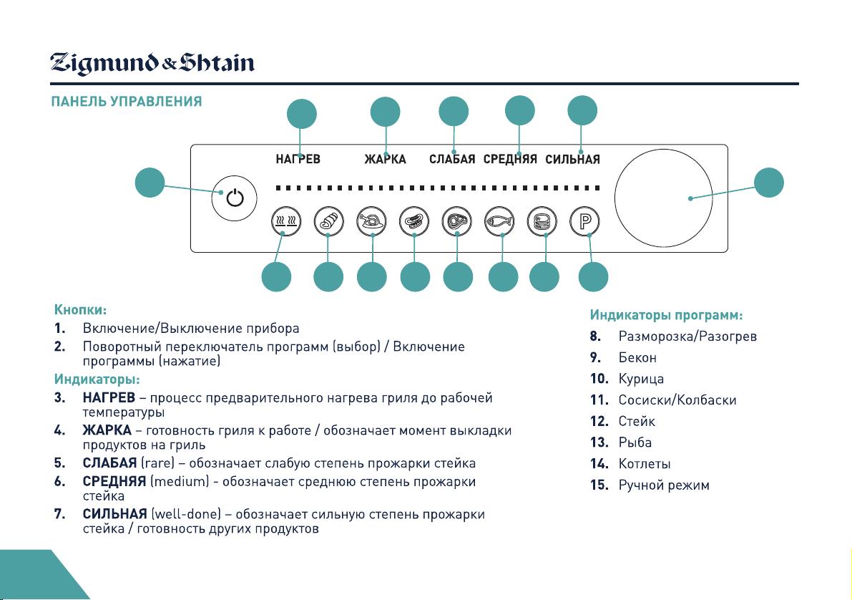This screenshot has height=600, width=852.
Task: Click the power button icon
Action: (234, 198)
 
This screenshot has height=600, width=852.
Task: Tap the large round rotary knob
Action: (663, 198)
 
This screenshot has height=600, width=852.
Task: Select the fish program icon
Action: (499, 221)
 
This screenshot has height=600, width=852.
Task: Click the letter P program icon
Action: (584, 221)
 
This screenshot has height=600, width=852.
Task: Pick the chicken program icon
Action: (371, 221)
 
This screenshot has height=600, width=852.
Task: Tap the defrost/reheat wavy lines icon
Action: (286, 221)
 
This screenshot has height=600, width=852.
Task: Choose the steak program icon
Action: (456, 221)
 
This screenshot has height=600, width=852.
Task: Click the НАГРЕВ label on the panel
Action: (298, 159)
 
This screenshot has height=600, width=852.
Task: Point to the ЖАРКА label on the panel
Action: (386, 159)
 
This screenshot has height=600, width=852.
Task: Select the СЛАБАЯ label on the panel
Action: (452, 159)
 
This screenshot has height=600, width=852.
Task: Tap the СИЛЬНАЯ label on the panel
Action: (573, 159)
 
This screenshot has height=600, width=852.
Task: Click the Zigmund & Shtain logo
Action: (152, 63)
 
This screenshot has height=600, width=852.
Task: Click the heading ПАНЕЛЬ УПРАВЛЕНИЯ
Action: (127, 102)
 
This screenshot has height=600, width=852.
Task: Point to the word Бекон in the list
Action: (637, 357)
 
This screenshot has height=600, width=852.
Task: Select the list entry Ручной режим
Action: (664, 485)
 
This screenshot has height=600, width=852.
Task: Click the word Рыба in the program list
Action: (635, 442)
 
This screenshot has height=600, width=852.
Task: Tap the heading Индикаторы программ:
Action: (666, 315)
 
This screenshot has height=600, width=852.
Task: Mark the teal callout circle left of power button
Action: (150, 183)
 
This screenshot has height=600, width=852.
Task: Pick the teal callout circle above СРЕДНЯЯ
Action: (519, 110)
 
